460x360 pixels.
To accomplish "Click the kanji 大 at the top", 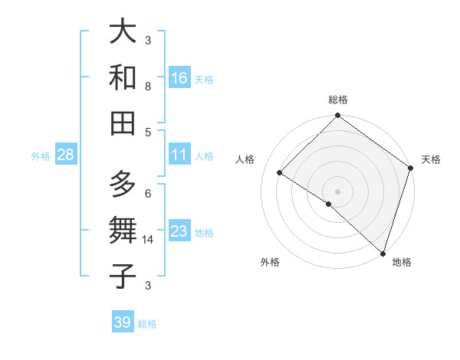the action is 123,33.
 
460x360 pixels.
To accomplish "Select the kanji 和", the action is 123,77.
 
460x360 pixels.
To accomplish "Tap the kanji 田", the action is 123,123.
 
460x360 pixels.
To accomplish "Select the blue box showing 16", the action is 179,78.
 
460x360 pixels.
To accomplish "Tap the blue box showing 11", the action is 179,155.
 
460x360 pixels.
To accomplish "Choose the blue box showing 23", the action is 179,231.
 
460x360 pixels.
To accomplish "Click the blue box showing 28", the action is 66,155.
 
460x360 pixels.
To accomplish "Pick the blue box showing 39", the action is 123,322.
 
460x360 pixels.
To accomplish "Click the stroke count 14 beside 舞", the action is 148,240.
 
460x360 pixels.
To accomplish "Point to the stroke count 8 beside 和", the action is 148,87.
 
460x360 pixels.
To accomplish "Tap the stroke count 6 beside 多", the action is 148,193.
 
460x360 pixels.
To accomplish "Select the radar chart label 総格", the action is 338,100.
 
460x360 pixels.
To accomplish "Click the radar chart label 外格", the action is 270,263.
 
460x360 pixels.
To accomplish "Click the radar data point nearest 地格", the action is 382,252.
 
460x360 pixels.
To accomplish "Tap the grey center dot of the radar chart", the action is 337,191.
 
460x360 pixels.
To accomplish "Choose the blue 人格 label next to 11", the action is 204,155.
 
